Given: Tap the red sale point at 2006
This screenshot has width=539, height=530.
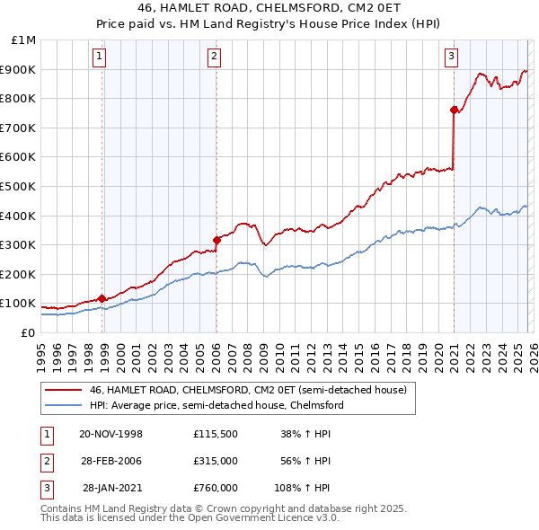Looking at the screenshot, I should click(x=216, y=240).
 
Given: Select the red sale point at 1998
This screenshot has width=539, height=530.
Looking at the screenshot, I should click(x=102, y=298).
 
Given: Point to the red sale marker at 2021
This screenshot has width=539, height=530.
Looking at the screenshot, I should click(x=454, y=110).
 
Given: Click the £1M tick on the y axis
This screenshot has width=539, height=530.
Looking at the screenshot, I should click(x=24, y=40).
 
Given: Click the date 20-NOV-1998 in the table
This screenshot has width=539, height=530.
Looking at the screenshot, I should click(x=110, y=433).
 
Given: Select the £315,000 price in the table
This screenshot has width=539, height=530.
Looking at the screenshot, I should click(x=215, y=461).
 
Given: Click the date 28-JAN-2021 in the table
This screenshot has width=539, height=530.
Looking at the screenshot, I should click(x=112, y=489).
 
